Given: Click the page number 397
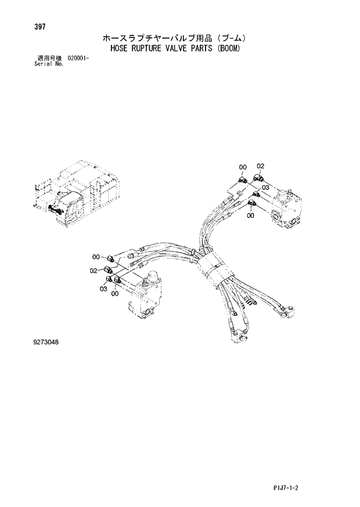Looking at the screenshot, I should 42,27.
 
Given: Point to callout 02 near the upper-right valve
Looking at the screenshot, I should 261,166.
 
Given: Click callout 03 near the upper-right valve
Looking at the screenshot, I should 265,188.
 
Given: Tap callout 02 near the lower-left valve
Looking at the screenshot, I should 93,270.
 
